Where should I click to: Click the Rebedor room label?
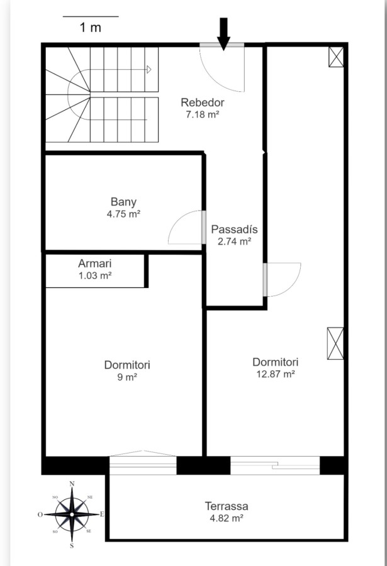tap(203, 103)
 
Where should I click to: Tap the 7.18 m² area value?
tap(203, 114)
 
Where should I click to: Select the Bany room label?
tap(123, 202)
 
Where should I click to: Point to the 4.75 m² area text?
tap(123, 214)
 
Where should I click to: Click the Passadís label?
tap(234, 229)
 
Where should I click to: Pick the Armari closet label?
tap(94, 264)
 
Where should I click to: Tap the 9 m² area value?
tap(127, 377)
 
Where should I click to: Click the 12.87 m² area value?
tap(276, 374)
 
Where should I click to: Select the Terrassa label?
tap(227, 506)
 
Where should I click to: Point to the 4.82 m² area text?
tap(227, 518)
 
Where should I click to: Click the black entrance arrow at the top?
tap(223, 34)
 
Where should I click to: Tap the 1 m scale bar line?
tap(91, 16)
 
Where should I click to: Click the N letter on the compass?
tap(72, 484)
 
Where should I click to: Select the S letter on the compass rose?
tap(72, 546)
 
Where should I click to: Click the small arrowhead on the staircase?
tap(149, 70)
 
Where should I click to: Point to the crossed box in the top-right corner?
tap(336, 57)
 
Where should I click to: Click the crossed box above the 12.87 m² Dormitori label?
tap(335, 343)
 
